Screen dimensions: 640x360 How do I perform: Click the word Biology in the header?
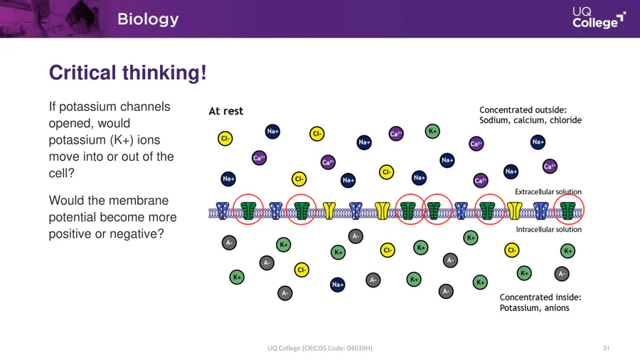click(148, 19)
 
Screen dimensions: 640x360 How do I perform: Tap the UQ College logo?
click(599, 18)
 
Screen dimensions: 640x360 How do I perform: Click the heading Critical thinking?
click(128, 73)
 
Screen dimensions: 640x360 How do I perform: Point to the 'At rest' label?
click(225, 111)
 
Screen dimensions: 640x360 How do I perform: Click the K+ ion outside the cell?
click(432, 132)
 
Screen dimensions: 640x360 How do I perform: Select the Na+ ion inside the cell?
click(338, 285)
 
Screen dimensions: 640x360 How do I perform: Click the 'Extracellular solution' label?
click(548, 192)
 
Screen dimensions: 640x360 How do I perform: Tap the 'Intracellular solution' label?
click(548, 229)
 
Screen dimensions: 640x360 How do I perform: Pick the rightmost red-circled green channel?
click(567, 210)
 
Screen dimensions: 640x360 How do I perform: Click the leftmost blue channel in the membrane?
click(223, 211)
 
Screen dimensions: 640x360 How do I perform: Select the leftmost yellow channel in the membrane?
click(329, 211)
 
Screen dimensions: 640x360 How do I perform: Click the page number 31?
click(606, 348)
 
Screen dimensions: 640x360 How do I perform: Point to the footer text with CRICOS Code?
click(319, 348)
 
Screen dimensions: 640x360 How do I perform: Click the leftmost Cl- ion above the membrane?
click(225, 139)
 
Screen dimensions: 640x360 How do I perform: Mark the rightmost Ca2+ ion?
click(550, 166)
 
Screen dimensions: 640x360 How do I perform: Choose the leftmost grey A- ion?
click(229, 243)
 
